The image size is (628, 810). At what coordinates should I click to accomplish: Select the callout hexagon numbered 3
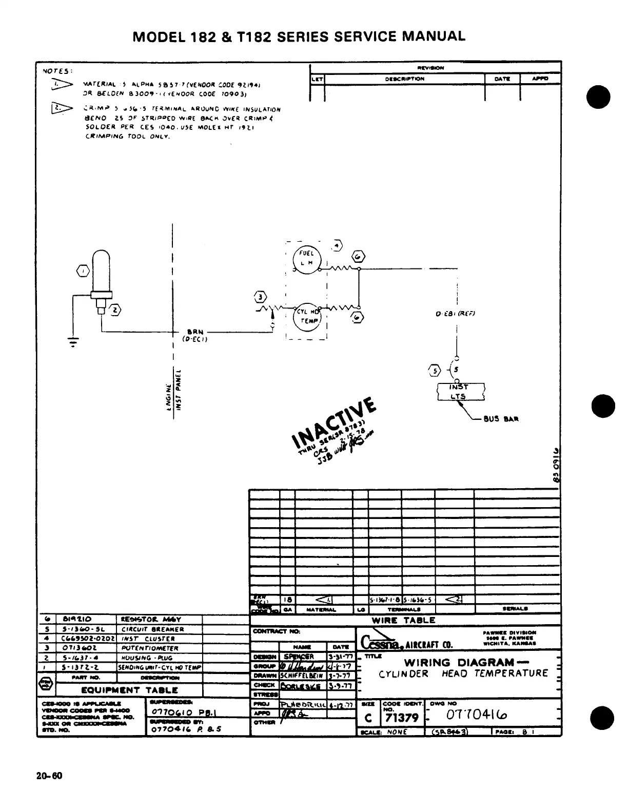pyautogui.click(x=261, y=297)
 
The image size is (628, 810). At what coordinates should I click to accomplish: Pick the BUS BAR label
pyautogui.click(x=501, y=418)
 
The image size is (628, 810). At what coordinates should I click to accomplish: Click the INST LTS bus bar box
pyautogui.click(x=460, y=392)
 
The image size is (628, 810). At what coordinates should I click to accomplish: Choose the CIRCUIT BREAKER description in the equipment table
pyautogui.click(x=152, y=629)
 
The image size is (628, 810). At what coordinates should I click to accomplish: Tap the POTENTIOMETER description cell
pyautogui.click(x=150, y=648)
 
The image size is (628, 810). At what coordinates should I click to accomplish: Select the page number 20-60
pyautogui.click(x=49, y=776)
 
